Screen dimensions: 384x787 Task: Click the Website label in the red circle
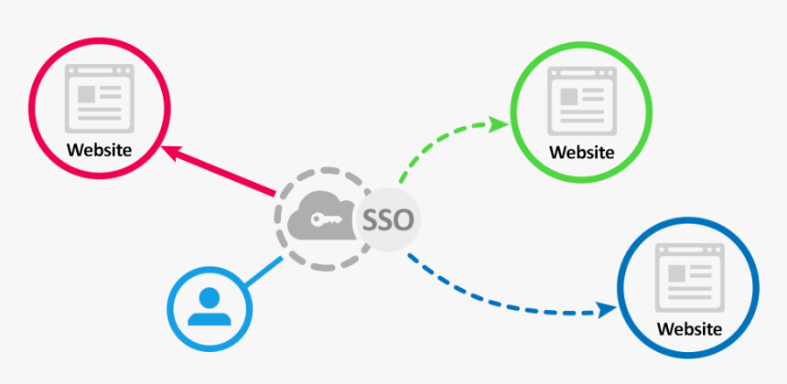pos(99,149)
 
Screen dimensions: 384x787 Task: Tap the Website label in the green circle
pos(581,152)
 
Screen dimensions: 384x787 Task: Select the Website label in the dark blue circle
pos(689,328)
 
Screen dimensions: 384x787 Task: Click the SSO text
pos(389,219)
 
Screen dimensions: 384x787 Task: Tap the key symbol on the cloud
pos(326,219)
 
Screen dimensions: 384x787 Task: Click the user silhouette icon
pos(210,306)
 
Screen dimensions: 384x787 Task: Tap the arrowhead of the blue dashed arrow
pos(605,310)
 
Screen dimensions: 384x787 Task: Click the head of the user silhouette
pos(210,296)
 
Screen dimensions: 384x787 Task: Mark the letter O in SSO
pos(403,219)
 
